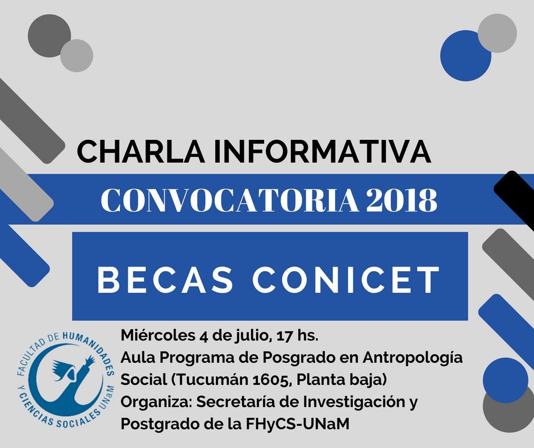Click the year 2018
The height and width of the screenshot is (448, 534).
(x=402, y=200)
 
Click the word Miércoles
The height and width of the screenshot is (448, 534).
(x=158, y=335)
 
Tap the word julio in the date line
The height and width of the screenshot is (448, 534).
(x=253, y=336)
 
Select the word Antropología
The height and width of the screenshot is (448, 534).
(x=412, y=358)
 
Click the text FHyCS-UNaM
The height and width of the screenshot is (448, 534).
(x=297, y=424)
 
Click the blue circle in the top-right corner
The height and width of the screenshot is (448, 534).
(x=465, y=56)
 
